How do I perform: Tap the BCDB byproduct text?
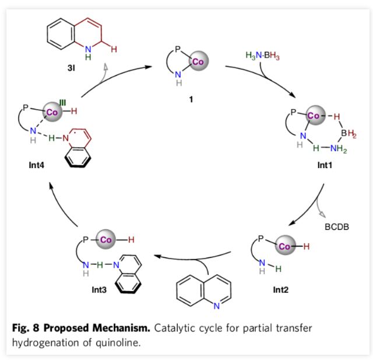tap(337, 227)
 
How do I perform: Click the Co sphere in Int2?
tap(284, 247)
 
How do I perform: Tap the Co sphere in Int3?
tap(105, 240)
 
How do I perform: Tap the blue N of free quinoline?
tap(216, 306)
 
